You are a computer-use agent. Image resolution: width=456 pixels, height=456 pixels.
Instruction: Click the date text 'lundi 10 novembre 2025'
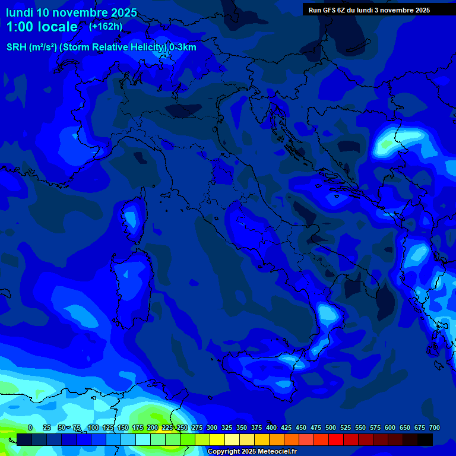[x=71, y=12]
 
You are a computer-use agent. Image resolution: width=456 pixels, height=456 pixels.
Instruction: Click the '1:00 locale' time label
[x=42, y=27]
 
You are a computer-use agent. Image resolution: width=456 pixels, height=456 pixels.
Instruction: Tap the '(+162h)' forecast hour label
[x=106, y=26]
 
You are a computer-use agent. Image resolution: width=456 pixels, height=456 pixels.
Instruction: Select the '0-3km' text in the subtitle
[x=183, y=47]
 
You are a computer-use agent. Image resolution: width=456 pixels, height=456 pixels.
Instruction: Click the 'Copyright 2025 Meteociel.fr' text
[x=252, y=451]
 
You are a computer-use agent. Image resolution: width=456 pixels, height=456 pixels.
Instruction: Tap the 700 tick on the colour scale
[x=434, y=427]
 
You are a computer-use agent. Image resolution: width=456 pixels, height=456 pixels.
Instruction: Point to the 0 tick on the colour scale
[x=30, y=427]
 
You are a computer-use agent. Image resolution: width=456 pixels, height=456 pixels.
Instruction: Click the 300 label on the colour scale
[x=212, y=427]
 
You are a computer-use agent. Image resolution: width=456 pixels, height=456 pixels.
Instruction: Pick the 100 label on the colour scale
[x=93, y=427]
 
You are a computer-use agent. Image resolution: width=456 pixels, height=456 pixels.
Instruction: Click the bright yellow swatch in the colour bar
[x=217, y=439]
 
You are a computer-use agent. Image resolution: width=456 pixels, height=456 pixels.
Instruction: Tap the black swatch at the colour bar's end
[x=425, y=439]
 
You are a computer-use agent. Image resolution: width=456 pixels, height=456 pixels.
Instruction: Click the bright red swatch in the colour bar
[x=336, y=439]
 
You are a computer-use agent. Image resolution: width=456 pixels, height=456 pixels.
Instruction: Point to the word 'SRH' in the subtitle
[x=17, y=47]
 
